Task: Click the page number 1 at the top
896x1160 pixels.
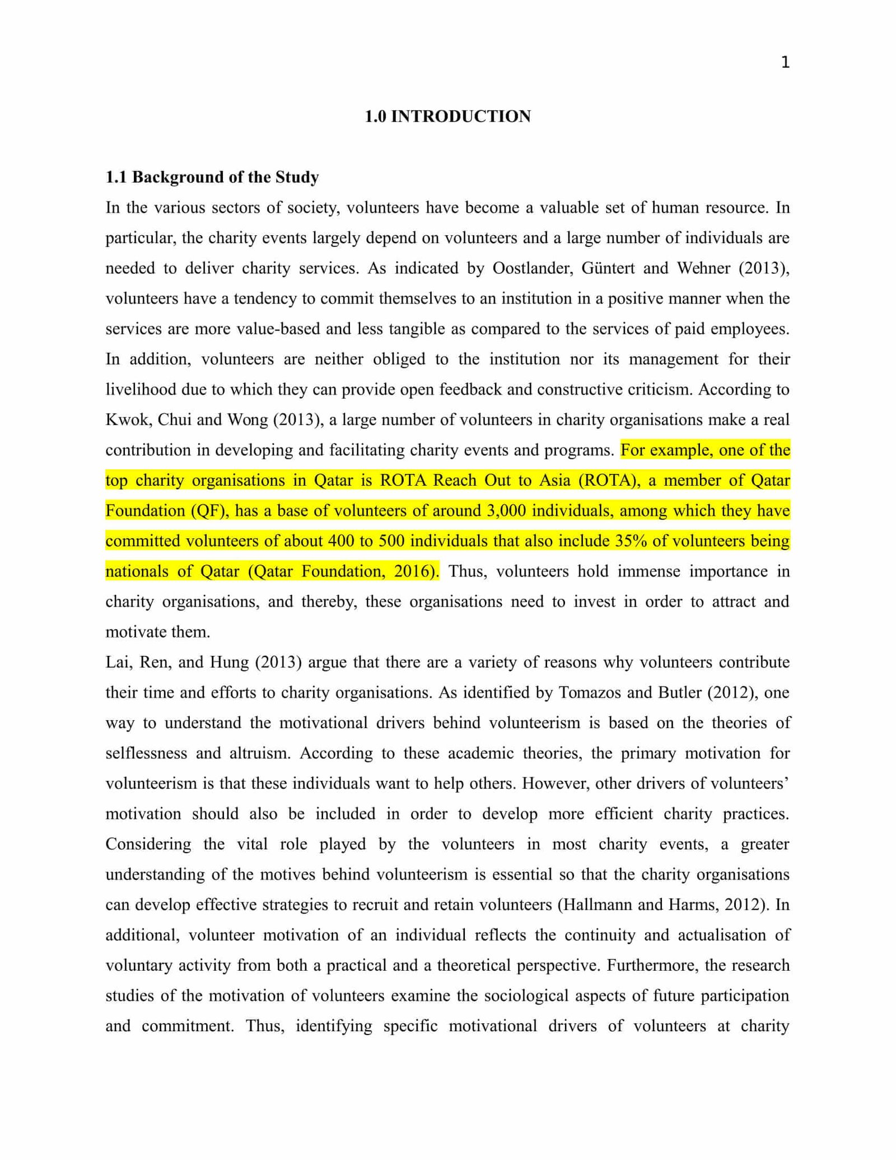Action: [785, 63]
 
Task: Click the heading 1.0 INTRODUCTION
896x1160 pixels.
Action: [447, 117]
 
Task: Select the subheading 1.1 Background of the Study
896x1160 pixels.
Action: [212, 178]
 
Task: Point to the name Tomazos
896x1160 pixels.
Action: [588, 692]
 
